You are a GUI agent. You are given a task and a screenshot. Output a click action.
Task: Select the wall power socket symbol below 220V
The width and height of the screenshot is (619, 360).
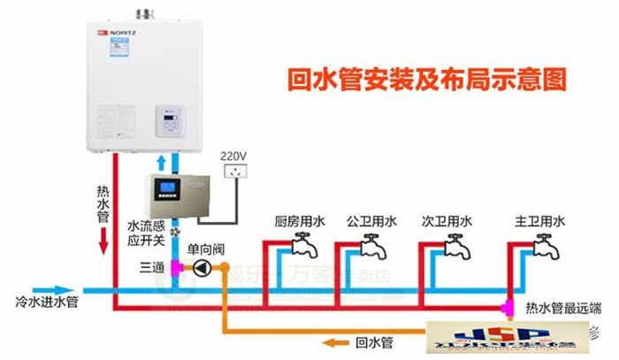[234, 173]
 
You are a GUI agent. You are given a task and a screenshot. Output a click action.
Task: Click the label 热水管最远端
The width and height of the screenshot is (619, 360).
[563, 308]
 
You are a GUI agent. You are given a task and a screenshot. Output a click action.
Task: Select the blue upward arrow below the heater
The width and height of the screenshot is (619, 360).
[160, 163]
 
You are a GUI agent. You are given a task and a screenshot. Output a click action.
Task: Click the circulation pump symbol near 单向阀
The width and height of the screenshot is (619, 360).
[203, 267]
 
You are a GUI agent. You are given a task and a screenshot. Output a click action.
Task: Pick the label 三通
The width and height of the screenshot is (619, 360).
[151, 267]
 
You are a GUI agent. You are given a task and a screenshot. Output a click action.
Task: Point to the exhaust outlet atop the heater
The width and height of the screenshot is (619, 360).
[143, 12]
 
